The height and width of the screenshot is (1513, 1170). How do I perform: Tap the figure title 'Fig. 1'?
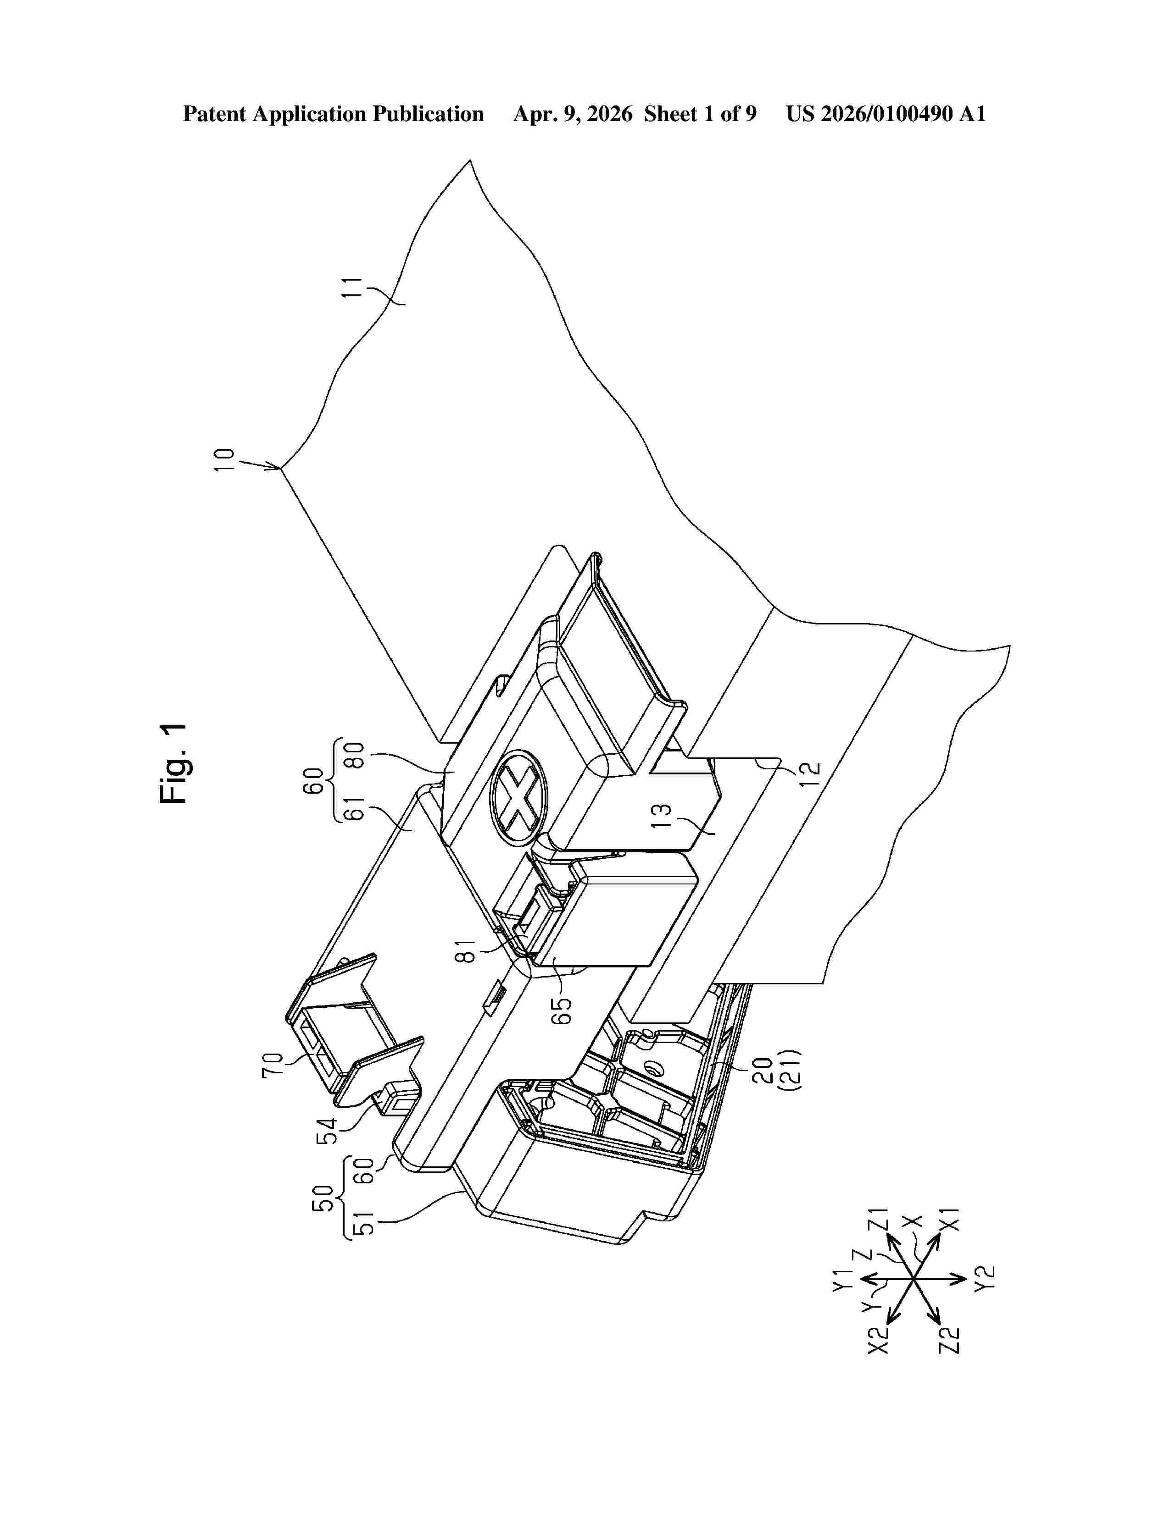click(x=173, y=764)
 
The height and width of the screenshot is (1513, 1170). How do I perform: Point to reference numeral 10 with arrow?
click(x=225, y=460)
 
